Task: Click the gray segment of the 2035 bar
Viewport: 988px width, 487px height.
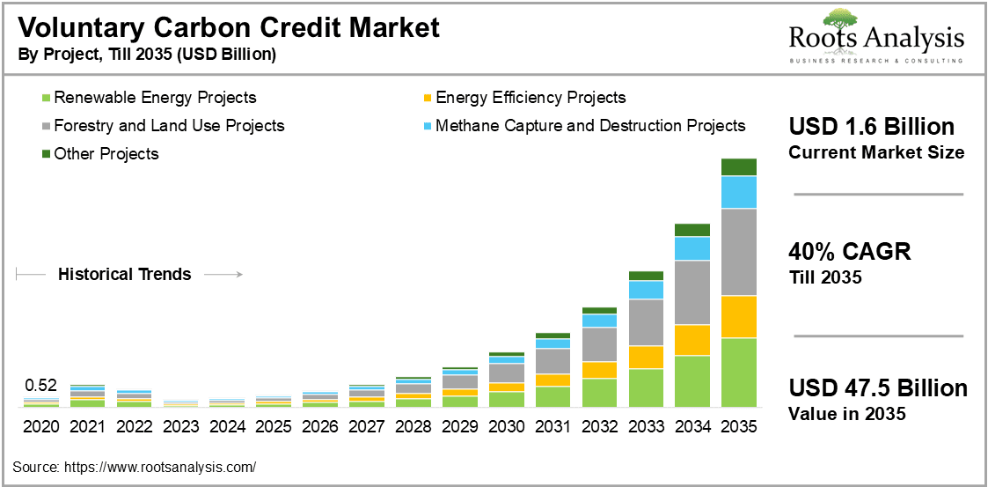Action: tap(739, 252)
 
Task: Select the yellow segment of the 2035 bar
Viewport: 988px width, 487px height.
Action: tap(739, 317)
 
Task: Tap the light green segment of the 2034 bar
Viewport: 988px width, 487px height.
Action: tap(692, 380)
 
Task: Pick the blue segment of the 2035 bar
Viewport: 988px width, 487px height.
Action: tap(739, 192)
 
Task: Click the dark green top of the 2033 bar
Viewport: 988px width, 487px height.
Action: tap(646, 276)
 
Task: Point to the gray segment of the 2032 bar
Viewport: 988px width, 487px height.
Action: tap(599, 344)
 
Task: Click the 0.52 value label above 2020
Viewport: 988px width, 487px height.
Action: tap(40, 385)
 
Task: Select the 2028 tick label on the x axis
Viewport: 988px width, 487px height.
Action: tap(413, 426)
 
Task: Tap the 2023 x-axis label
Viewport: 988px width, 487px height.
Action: tap(180, 426)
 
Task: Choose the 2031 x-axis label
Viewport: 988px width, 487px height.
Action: tap(553, 426)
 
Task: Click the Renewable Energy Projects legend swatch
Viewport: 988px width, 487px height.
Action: tap(47, 98)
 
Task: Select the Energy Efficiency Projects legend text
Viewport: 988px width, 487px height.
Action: tap(531, 98)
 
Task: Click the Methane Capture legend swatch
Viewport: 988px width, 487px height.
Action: tap(428, 126)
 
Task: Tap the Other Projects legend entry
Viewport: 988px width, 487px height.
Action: tap(106, 154)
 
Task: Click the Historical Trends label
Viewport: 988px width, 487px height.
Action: tap(124, 275)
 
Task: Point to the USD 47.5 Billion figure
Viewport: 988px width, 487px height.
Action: tap(877, 388)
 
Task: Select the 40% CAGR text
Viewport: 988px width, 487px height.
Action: tap(849, 252)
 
